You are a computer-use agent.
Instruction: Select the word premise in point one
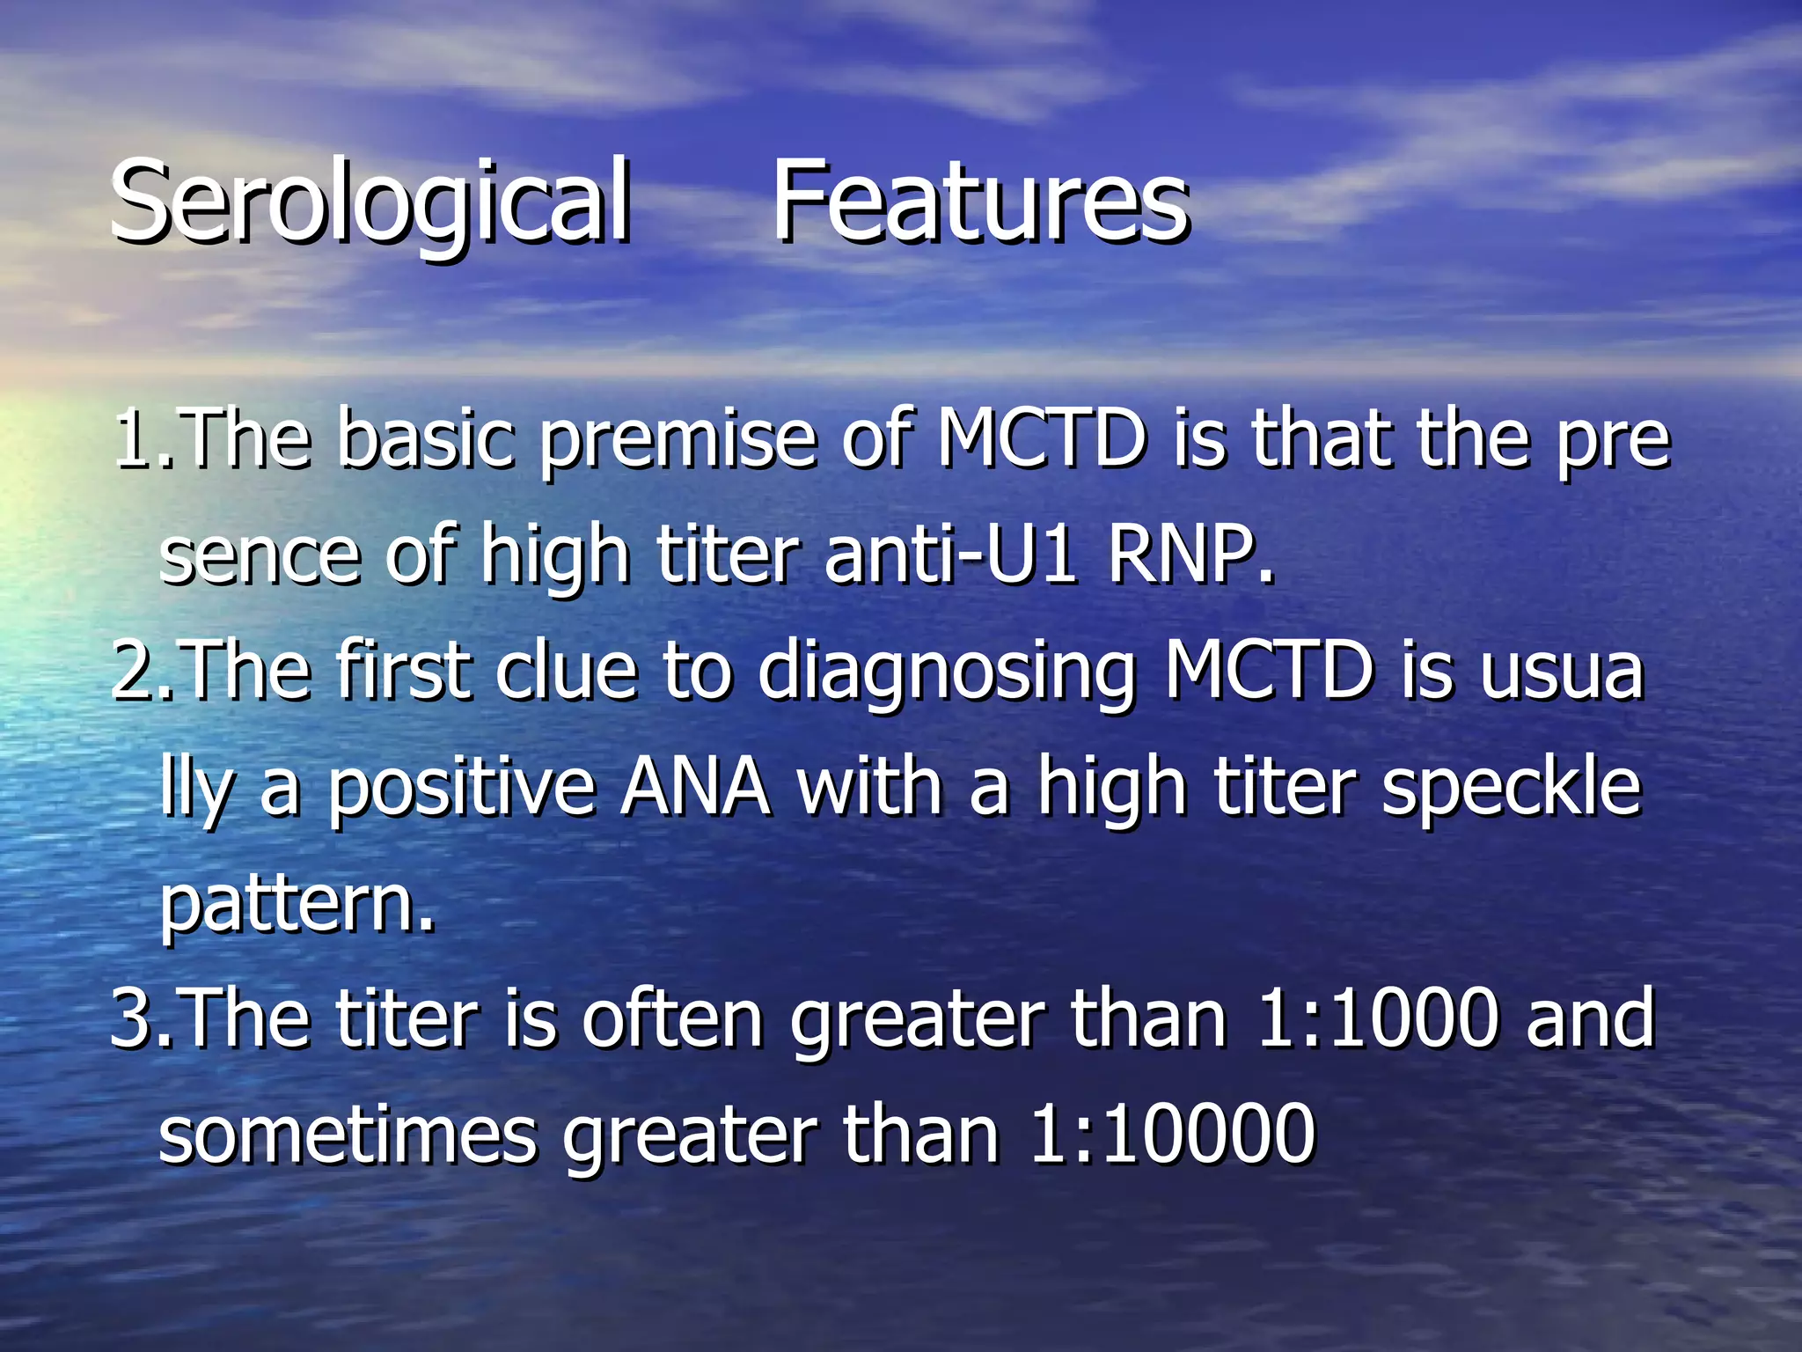678,440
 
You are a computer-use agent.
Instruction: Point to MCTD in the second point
1268,671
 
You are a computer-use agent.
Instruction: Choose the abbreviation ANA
695,787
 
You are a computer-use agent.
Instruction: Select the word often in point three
672,1018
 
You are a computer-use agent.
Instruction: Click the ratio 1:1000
1377,1018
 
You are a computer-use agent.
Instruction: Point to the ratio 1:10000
1171,1135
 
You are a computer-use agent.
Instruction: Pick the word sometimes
348,1135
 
